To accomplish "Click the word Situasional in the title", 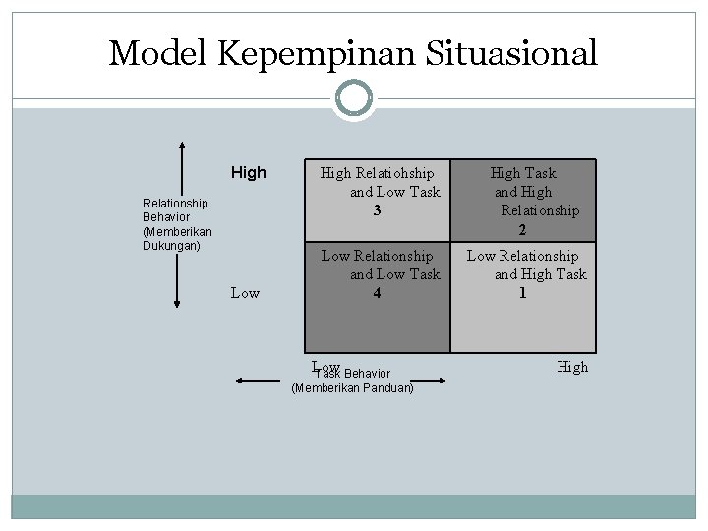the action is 515,53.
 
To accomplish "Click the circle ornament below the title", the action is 354,98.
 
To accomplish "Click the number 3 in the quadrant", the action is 378,210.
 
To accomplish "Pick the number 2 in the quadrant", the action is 523,229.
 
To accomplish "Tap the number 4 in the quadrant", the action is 378,292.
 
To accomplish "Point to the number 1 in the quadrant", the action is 523,292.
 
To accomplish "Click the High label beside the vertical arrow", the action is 248,173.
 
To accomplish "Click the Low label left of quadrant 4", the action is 245,292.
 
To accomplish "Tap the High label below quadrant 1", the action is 572,367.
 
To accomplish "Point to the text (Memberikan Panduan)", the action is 353,388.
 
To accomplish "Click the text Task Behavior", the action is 353,374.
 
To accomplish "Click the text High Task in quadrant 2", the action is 523,173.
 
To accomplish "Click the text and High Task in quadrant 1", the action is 540,274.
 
